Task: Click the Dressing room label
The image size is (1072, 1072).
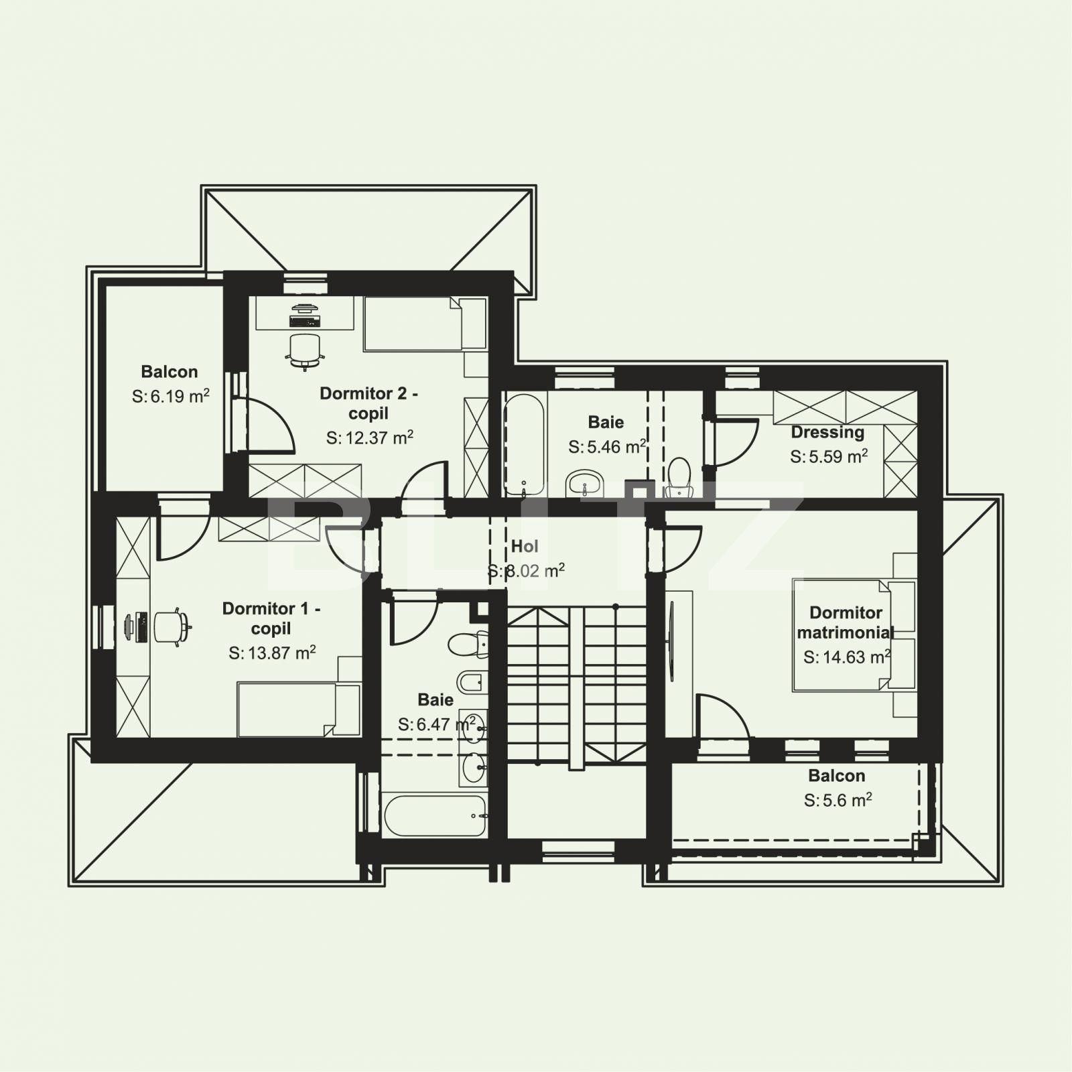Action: [x=827, y=432]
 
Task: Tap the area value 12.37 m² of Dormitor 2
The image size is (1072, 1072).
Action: [x=370, y=438]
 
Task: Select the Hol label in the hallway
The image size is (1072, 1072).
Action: [x=525, y=546]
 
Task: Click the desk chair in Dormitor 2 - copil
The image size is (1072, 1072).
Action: [x=305, y=350]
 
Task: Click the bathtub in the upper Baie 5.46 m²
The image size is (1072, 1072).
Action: [x=525, y=444]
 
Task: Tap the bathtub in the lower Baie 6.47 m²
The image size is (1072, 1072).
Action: [x=434, y=815]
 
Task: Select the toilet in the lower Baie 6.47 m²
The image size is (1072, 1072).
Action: [x=467, y=645]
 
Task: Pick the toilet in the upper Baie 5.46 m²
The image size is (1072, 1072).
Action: [x=680, y=476]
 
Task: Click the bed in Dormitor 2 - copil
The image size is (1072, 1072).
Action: [x=422, y=324]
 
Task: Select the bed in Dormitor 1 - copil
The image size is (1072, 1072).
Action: [x=295, y=710]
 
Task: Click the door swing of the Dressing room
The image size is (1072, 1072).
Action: [x=734, y=442]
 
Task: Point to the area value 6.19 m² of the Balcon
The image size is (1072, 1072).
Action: [x=171, y=397]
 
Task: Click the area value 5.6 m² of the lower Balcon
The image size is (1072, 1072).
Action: [x=837, y=801]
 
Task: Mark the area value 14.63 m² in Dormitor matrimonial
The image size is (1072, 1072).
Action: [x=847, y=657]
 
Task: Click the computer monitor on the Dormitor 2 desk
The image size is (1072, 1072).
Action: [x=305, y=309]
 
